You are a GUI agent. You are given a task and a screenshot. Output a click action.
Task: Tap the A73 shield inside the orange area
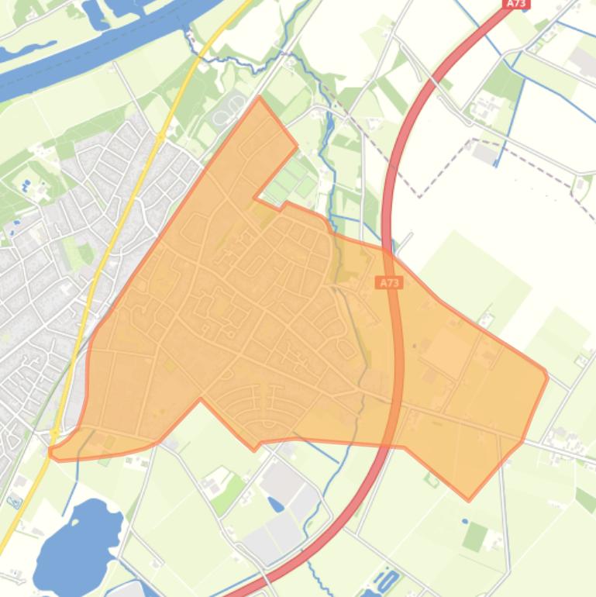coord(390,283)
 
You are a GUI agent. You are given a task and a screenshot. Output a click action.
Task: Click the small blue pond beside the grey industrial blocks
coord(276,503)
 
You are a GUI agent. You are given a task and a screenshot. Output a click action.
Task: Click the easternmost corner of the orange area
coord(547,377)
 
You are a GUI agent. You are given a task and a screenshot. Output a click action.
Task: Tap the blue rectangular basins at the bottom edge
coord(387,580)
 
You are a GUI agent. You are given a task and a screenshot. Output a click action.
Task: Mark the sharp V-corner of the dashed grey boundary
coord(419,197)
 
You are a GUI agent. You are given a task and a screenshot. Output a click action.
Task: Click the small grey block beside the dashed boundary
coord(486,153)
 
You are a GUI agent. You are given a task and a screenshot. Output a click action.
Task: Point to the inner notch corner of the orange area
coord(255,199)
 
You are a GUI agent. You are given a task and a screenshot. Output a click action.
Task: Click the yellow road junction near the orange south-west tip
coord(56,434)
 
